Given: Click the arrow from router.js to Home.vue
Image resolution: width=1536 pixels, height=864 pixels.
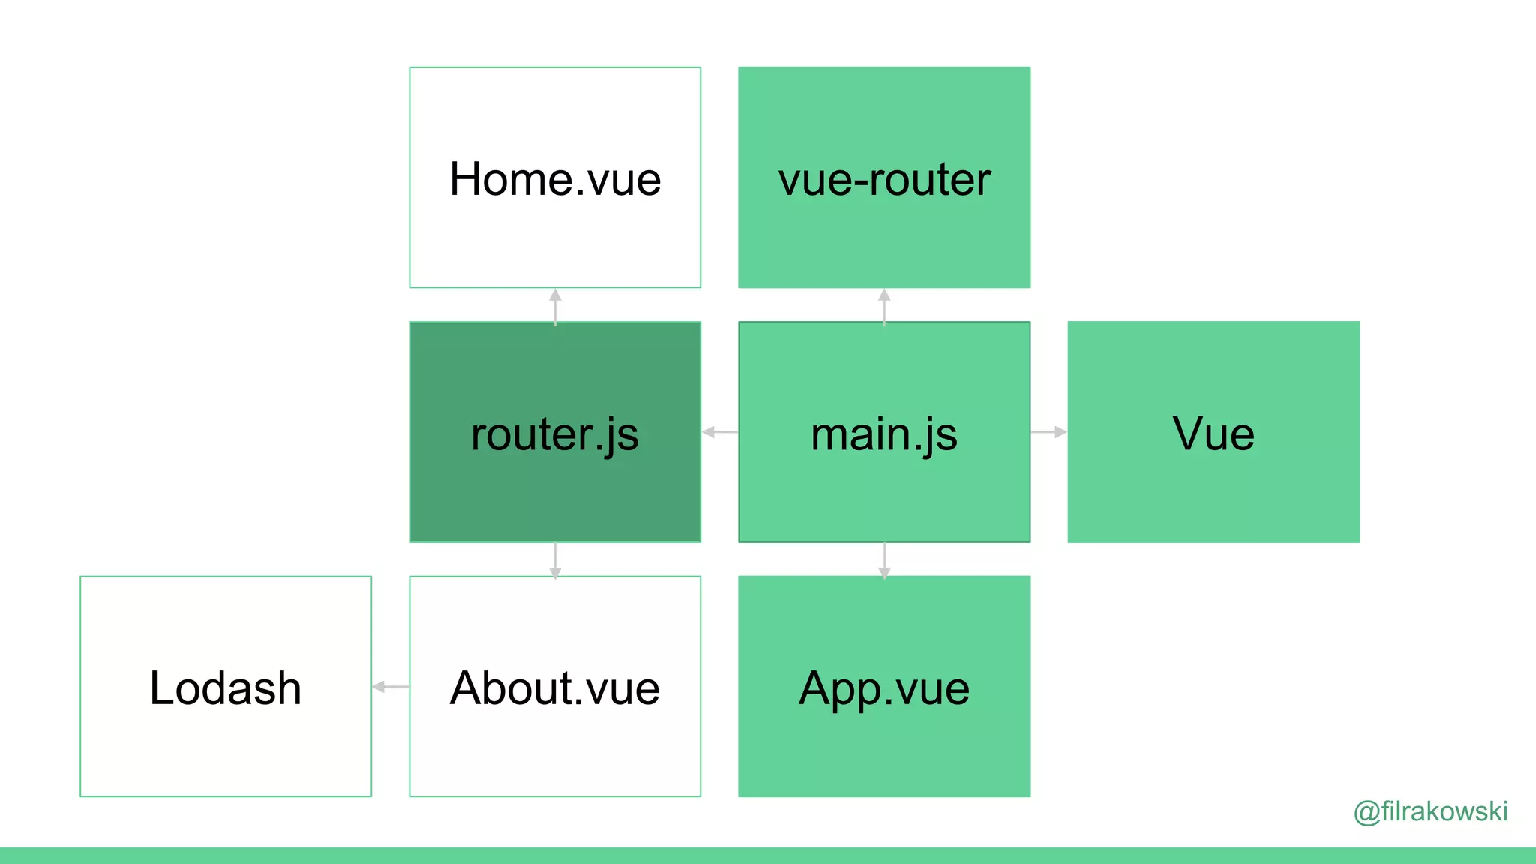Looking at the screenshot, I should (555, 306).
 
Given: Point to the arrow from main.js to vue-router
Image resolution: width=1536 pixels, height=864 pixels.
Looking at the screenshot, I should (884, 306).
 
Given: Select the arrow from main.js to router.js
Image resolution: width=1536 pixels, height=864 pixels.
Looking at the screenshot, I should (720, 432).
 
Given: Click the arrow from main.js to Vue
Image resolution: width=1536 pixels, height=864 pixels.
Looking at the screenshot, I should (1048, 432).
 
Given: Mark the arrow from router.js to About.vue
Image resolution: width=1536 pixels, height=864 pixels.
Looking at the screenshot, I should (555, 560).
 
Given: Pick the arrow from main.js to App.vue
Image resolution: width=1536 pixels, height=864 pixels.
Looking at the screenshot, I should (884, 560).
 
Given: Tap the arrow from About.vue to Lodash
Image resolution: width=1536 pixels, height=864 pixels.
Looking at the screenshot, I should (391, 686).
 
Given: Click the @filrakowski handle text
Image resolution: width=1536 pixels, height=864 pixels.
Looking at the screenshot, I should (1430, 811).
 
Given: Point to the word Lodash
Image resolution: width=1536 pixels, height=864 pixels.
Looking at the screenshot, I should (226, 688).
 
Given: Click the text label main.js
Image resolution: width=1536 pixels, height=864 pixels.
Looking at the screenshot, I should (884, 434).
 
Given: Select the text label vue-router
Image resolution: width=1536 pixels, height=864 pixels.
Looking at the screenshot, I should (884, 180).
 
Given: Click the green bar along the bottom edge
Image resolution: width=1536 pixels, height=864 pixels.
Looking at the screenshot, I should (768, 856).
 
